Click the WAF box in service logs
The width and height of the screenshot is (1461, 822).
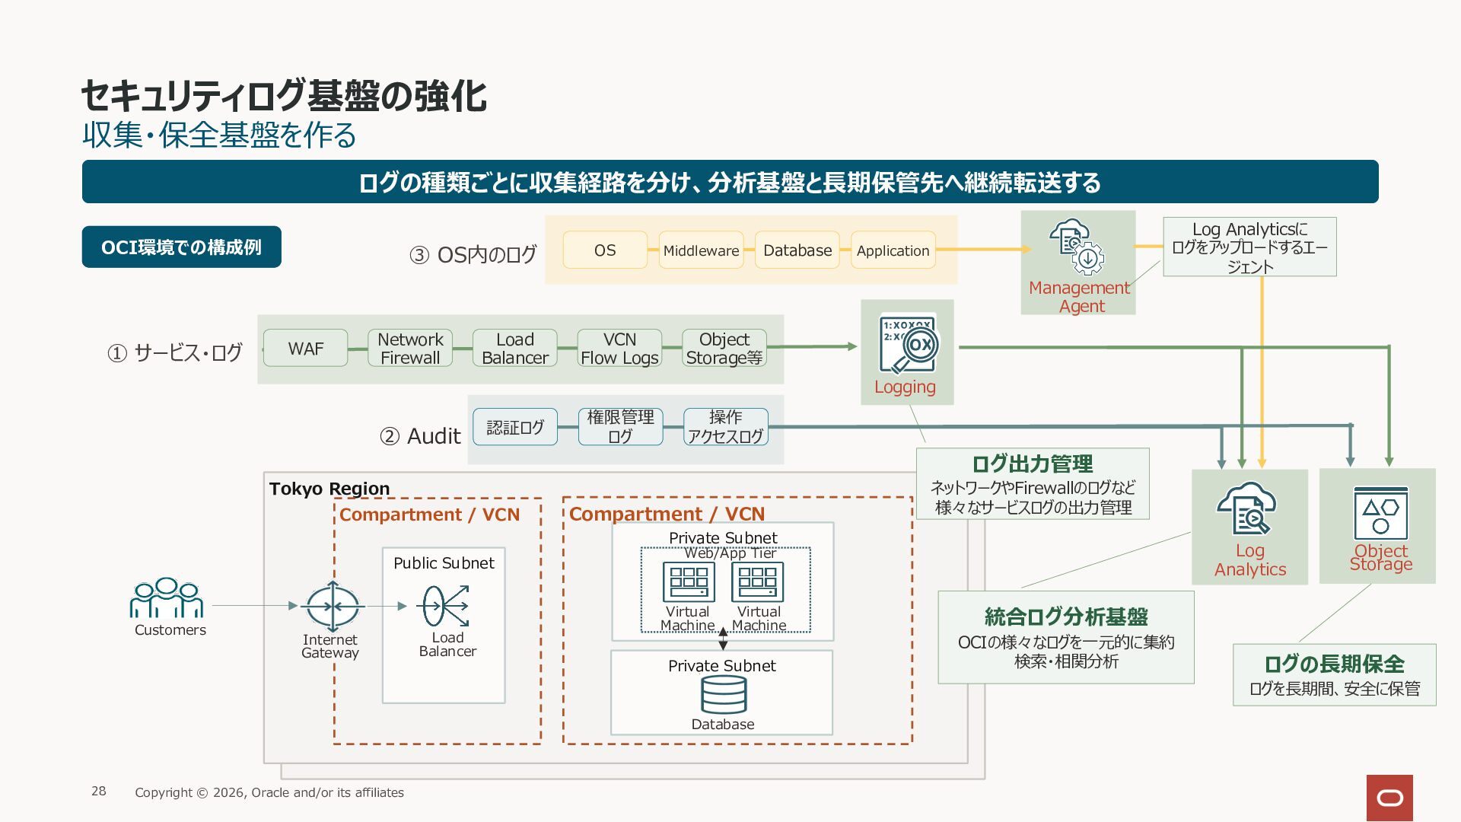[306, 349]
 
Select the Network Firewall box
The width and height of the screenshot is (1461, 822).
[410, 349]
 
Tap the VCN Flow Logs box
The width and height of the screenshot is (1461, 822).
[619, 349]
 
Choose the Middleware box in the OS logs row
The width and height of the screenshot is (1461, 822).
[701, 250]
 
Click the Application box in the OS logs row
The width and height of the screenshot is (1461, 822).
[893, 250]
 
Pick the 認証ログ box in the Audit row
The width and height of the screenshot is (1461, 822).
[515, 427]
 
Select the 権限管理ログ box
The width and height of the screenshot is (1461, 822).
[620, 427]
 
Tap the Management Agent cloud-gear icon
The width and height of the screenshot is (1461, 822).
[1077, 247]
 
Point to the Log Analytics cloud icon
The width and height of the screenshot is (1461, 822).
[1246, 509]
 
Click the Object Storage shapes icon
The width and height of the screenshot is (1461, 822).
[1380, 513]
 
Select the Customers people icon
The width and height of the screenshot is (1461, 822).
[167, 597]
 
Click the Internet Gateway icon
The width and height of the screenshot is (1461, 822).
[333, 607]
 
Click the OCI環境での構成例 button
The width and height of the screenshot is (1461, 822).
[181, 247]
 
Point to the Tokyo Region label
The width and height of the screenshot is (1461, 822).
[329, 489]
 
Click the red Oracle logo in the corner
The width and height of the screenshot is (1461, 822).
[1389, 798]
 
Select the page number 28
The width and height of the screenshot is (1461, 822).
[99, 792]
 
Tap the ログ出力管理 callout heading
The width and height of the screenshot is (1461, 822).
[1032, 464]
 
